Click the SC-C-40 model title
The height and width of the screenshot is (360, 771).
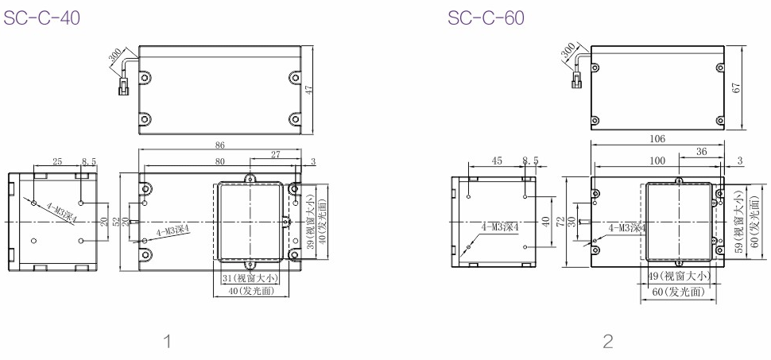42,17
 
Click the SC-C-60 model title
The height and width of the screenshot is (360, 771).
486,17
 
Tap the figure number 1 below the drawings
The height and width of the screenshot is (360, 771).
168,341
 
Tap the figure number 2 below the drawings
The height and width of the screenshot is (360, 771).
608,341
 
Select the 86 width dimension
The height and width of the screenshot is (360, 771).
220,145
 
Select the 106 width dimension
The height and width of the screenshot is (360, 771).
657,139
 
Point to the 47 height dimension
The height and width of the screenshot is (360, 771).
309,90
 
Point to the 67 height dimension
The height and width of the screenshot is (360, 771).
737,88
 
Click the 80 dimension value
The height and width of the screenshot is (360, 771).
220,161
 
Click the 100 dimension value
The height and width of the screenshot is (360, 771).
657,161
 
